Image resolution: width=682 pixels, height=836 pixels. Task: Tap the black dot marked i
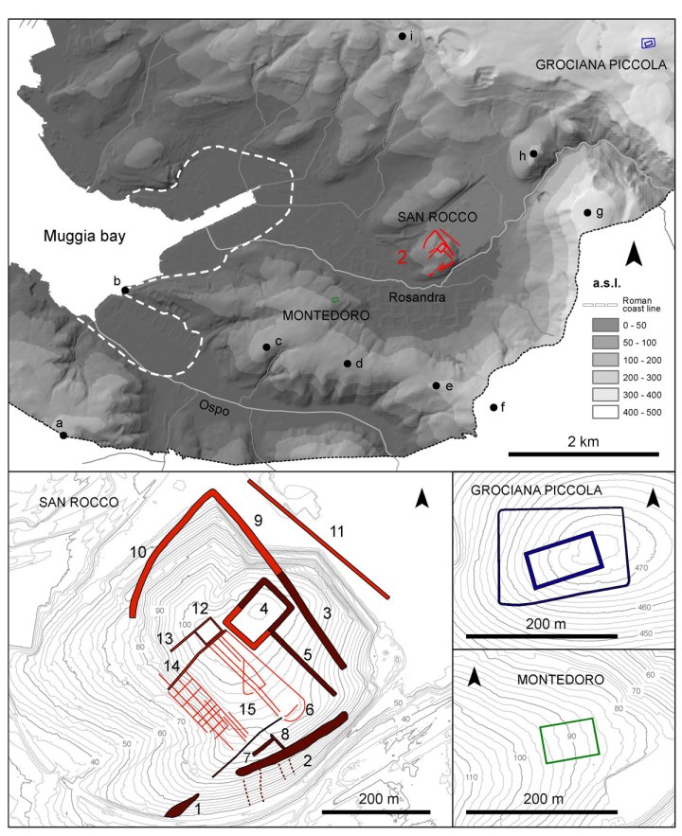click(403, 36)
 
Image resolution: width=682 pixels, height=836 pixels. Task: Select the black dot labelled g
click(588, 212)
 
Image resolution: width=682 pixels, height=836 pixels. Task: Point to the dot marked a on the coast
click(63, 436)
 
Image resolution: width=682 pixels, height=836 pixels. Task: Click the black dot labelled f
click(494, 407)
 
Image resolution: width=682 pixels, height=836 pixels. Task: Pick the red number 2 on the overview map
click(402, 257)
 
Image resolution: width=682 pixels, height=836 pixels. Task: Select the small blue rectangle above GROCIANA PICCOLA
click(650, 43)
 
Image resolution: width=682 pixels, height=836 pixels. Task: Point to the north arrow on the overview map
click(637, 253)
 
